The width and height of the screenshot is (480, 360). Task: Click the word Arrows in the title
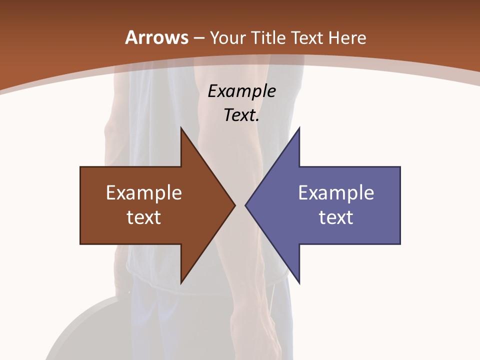point(156,37)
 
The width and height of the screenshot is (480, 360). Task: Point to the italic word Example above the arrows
point(241,91)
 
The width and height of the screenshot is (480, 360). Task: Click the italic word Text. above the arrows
point(241,115)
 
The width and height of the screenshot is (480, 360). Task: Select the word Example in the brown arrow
point(144,193)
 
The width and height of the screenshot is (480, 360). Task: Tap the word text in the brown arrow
point(144,217)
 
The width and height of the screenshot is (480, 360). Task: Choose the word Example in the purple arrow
point(336,193)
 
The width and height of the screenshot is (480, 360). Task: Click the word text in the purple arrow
point(336,217)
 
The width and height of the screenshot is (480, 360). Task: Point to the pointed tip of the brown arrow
point(234,205)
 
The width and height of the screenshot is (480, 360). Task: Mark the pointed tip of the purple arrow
point(246,205)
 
